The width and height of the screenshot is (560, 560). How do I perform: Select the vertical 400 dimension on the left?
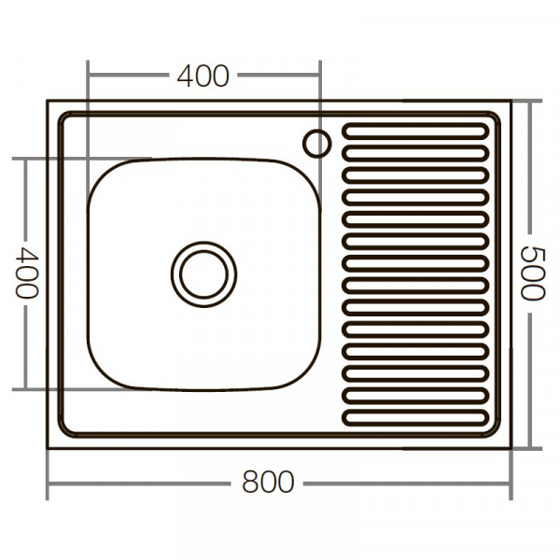click(27, 273)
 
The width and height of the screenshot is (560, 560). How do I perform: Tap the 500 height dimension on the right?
click(530, 273)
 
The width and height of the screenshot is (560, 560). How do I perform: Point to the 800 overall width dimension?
click(268, 483)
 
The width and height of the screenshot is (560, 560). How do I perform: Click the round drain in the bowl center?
click(203, 273)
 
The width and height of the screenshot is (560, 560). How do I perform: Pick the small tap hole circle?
click(316, 143)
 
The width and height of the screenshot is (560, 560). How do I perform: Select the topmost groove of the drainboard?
click(415, 131)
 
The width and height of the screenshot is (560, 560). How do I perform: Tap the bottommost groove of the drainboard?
click(415, 417)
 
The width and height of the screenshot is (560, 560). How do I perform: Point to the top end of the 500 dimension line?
click(530, 101)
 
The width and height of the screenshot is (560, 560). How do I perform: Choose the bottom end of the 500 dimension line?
click(530, 447)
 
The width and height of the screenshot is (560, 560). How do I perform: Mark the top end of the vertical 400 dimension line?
click(27, 159)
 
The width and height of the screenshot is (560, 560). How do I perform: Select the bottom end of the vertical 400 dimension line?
click(27, 388)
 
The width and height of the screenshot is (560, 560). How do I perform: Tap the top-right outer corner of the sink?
click(511, 101)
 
